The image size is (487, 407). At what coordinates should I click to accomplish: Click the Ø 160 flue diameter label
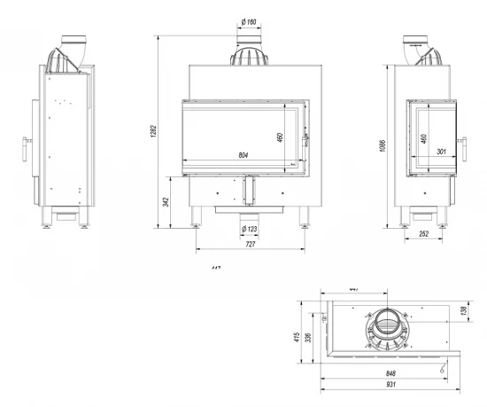[x=249, y=22]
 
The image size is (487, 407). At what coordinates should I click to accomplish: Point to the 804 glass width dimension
[x=244, y=157]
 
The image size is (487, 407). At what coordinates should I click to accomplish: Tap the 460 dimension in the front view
[x=278, y=137]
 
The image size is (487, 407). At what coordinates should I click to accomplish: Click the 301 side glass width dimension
[x=441, y=151]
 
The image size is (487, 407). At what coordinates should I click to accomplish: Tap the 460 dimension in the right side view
[x=423, y=139]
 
